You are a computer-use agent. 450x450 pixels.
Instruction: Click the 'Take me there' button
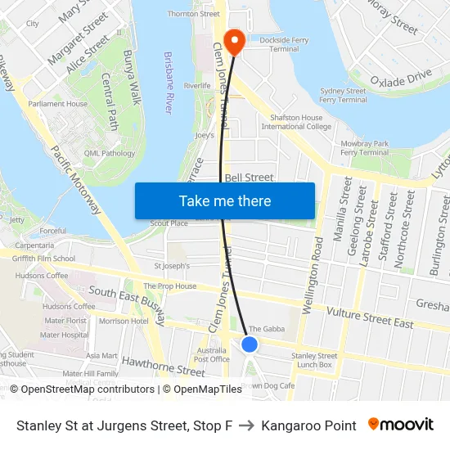pyautogui.click(x=225, y=200)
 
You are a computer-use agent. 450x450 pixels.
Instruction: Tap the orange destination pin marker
pyautogui.click(x=235, y=42)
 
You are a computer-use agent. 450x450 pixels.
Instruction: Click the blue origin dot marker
pyautogui.click(x=250, y=344)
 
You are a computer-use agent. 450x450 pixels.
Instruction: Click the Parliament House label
pyautogui.click(x=58, y=104)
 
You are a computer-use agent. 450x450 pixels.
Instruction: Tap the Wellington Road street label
pyautogui.click(x=310, y=276)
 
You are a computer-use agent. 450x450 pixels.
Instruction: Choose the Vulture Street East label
pyautogui.click(x=369, y=317)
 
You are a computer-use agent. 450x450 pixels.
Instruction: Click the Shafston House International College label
pyautogui.click(x=296, y=122)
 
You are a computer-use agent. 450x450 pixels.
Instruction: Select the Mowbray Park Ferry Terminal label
pyautogui.click(x=364, y=147)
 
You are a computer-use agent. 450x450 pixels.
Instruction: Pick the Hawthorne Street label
pyautogui.click(x=163, y=366)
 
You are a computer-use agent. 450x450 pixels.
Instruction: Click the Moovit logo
pyautogui.click(x=400, y=425)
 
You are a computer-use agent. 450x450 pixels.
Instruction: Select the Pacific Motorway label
pyautogui.click(x=76, y=179)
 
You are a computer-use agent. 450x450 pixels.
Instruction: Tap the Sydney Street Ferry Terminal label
pyautogui.click(x=343, y=95)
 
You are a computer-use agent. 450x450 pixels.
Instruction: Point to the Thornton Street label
pyautogui.click(x=193, y=14)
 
